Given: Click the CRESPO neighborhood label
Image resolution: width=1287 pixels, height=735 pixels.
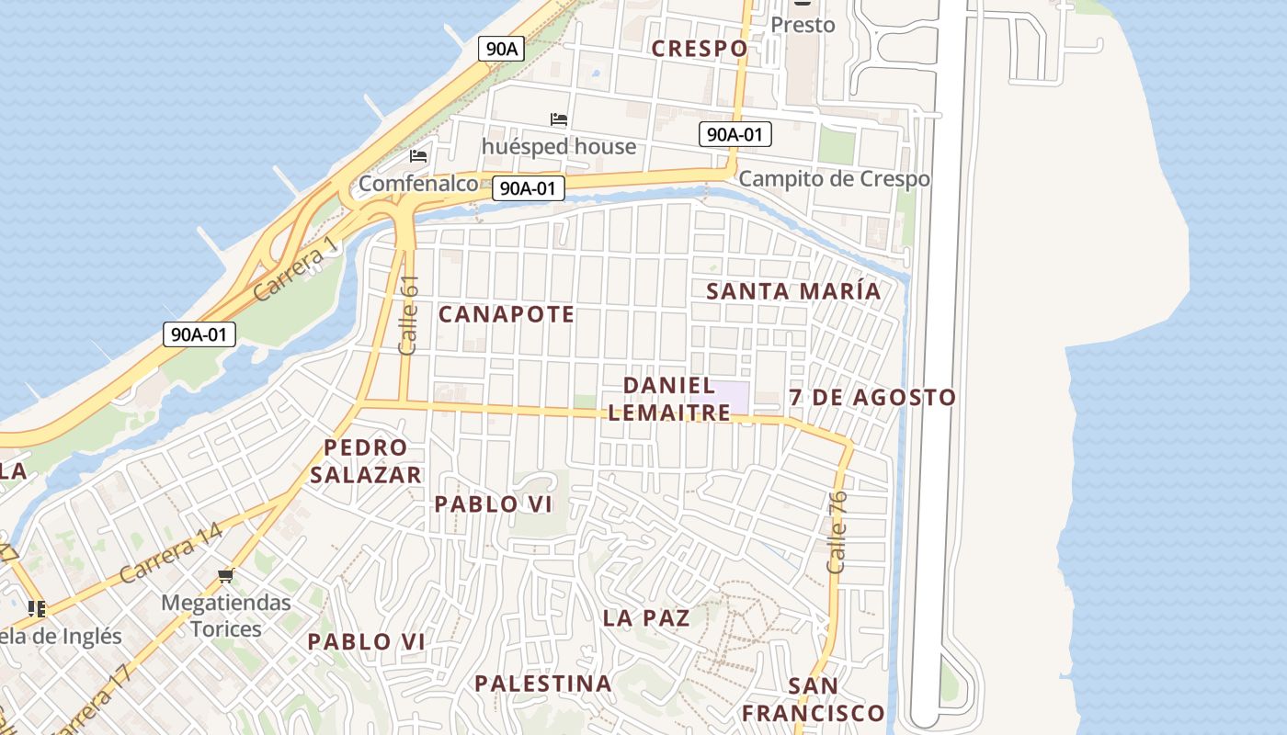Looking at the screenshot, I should click(x=700, y=49).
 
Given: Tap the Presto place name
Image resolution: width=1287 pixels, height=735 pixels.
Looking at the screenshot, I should click(x=803, y=25).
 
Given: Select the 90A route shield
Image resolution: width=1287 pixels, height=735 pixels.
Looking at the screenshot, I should click(x=501, y=50).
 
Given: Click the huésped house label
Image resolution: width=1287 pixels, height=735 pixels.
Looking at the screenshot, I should click(x=559, y=146).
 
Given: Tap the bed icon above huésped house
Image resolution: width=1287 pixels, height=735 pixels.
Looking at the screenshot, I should click(x=558, y=119).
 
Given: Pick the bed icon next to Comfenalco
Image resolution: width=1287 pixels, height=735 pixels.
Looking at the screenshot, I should click(x=418, y=156).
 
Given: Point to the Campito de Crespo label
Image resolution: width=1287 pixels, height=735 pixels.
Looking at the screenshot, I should click(x=834, y=178).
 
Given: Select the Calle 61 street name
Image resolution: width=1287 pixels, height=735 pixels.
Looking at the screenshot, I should click(x=409, y=315).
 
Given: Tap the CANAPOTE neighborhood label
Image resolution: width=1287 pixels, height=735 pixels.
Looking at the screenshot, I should click(x=507, y=314).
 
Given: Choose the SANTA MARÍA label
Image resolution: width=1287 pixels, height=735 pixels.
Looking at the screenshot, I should click(x=793, y=291).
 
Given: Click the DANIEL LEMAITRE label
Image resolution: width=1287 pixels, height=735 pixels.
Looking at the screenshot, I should click(x=669, y=399).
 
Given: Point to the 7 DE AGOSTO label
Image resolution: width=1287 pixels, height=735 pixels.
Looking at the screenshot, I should click(x=872, y=398).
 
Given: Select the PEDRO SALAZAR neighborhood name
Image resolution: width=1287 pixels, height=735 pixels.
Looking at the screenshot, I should click(x=366, y=461).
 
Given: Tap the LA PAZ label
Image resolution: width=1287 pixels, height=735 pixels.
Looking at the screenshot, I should click(x=646, y=617).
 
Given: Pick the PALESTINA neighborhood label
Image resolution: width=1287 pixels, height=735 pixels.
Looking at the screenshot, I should click(x=543, y=683).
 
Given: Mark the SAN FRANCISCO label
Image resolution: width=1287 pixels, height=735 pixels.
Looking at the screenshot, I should click(x=814, y=699).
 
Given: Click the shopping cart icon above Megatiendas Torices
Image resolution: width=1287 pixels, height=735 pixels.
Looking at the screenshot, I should click(x=226, y=576).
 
